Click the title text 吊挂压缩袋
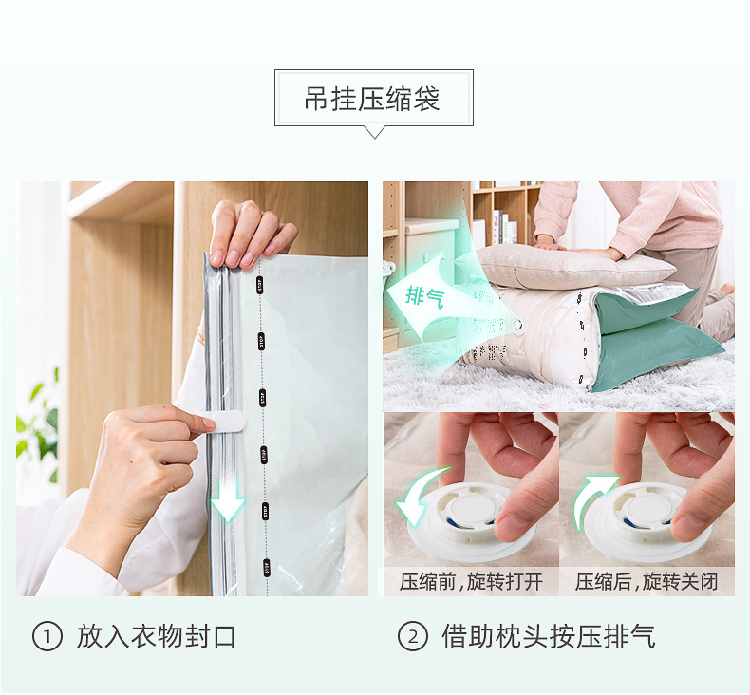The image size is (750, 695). pos(373,99)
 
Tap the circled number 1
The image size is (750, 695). pos(47,636)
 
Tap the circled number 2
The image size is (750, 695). pos(412,636)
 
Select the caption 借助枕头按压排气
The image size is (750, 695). pos(548,636)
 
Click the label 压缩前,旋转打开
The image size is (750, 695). pos(470,581)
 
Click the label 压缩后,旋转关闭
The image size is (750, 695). pos(647,581)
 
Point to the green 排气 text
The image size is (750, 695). pos(424,295)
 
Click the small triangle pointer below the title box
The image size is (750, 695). pos(374,132)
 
